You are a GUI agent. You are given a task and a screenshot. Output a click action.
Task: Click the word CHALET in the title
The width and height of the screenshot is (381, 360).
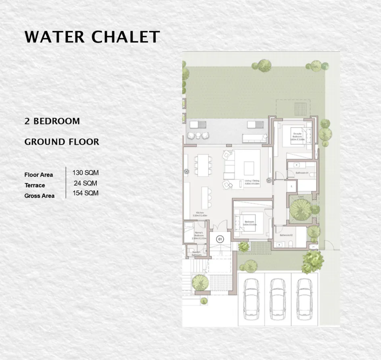click(x=126, y=37)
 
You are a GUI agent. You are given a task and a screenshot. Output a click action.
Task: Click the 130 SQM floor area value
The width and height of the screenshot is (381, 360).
click(x=85, y=173)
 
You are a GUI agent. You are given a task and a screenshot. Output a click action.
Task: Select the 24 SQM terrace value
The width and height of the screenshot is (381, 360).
click(x=85, y=183)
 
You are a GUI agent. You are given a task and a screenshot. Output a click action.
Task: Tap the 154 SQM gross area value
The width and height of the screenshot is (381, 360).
click(x=85, y=193)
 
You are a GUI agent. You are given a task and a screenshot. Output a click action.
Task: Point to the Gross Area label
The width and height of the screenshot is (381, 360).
click(x=39, y=196)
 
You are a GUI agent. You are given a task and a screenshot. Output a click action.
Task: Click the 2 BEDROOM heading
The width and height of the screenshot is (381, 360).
click(x=52, y=121)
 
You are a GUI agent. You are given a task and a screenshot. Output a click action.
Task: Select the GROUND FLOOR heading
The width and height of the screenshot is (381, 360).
click(x=62, y=142)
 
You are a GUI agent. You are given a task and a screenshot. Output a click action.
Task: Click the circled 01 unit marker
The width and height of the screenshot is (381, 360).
click(x=220, y=239)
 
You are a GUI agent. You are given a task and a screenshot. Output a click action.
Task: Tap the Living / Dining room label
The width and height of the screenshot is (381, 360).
click(x=252, y=182)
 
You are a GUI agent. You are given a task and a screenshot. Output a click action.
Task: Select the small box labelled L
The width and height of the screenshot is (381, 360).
click(x=291, y=186)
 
